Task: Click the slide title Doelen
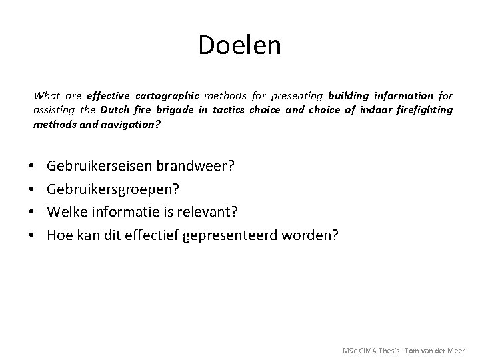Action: coord(239,45)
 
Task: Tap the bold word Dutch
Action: coord(116,109)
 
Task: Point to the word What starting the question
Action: coord(46,96)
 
